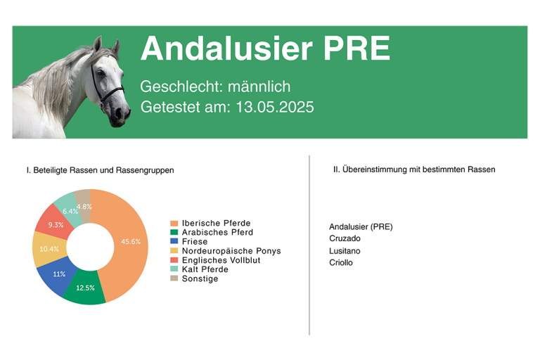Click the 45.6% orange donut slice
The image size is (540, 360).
(129, 241)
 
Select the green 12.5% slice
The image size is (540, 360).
(85, 287)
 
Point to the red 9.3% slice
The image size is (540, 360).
(54, 223)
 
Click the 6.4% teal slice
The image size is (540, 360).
(68, 209)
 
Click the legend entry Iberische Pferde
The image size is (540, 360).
(210, 223)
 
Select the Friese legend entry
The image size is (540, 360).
(189, 241)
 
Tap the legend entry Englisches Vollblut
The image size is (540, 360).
(215, 260)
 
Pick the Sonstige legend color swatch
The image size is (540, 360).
(174, 278)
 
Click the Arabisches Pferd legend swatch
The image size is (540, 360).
(174, 232)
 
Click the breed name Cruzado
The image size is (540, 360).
(345, 238)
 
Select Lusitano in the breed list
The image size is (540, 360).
(345, 251)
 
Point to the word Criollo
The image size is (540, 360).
(341, 262)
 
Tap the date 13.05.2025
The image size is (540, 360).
(275, 107)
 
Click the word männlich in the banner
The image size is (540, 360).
(259, 86)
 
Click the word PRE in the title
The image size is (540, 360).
(356, 49)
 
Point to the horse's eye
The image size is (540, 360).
(101, 73)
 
